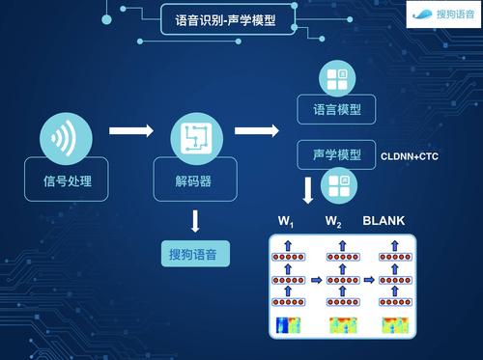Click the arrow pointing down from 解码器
pyautogui.click(x=194, y=221)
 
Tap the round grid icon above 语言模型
pyautogui.click(x=339, y=79)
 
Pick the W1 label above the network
pyautogui.click(x=287, y=222)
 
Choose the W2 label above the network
pyautogui.click(x=333, y=222)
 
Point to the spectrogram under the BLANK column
pyautogui.click(x=391, y=324)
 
